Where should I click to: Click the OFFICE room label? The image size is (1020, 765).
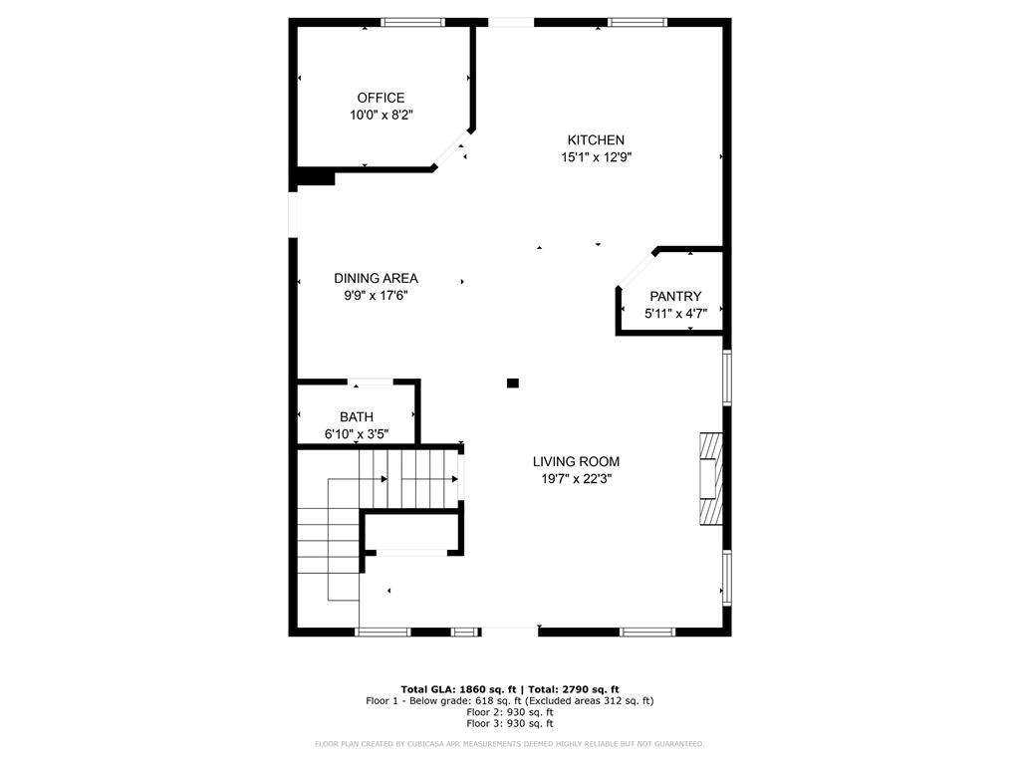click(x=381, y=98)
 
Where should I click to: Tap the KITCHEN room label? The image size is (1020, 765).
click(x=596, y=140)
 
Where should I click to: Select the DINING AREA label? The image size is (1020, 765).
click(x=376, y=278)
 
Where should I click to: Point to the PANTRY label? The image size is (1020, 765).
click(x=675, y=296)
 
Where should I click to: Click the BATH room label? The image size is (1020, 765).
click(x=357, y=417)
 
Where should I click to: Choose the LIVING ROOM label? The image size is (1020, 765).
click(x=576, y=461)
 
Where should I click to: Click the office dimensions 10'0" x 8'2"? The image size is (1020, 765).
click(x=381, y=116)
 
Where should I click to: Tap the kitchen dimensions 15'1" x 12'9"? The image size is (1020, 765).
click(x=596, y=157)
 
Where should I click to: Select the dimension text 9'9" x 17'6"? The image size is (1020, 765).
click(x=376, y=295)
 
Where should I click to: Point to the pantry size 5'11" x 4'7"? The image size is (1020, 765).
click(x=675, y=314)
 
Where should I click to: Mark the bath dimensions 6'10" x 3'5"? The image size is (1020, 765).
click(x=357, y=434)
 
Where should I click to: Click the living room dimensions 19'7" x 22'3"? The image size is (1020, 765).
click(x=576, y=478)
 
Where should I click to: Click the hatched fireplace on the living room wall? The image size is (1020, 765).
click(x=709, y=477)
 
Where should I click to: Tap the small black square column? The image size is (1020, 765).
click(x=513, y=382)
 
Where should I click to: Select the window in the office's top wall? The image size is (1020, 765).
click(x=412, y=22)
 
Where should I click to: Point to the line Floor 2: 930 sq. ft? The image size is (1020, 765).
click(x=509, y=712)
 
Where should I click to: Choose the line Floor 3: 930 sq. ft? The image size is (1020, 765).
click(x=509, y=724)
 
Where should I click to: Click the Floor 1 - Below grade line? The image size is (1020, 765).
click(x=509, y=700)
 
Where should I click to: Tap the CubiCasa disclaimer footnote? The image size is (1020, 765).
click(x=509, y=744)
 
